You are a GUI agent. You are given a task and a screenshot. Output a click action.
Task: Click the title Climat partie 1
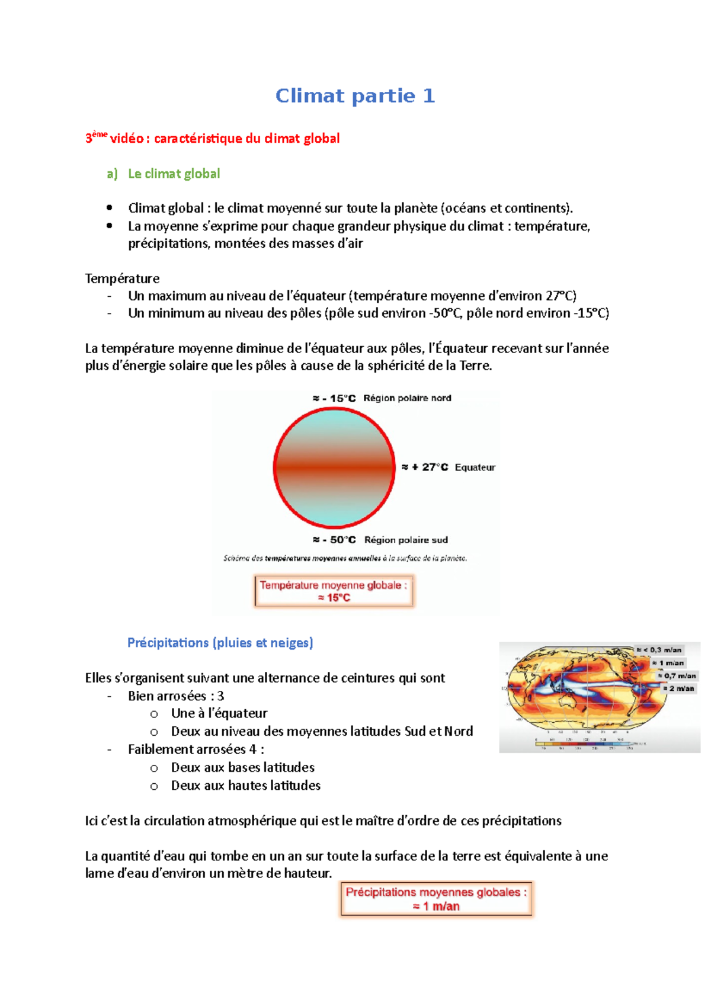(x=355, y=96)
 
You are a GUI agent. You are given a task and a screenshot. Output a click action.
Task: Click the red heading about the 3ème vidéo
(x=213, y=139)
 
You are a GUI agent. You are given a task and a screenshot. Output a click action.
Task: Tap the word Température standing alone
(x=122, y=278)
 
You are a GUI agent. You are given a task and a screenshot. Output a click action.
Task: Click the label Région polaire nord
(x=407, y=398)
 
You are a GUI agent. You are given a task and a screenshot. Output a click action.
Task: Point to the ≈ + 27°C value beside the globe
(x=425, y=467)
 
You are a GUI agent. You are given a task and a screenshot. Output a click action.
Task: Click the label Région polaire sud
(x=406, y=540)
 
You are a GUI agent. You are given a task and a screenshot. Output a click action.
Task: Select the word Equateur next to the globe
(x=475, y=467)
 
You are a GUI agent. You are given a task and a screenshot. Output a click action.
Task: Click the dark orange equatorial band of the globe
(x=334, y=467)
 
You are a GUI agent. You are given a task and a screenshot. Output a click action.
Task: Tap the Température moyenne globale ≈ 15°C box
(x=334, y=591)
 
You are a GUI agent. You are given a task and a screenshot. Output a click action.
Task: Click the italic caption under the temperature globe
(x=345, y=558)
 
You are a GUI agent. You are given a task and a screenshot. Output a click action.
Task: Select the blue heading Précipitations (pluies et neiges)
(x=220, y=643)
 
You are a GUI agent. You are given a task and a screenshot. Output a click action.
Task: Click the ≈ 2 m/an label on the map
(x=678, y=688)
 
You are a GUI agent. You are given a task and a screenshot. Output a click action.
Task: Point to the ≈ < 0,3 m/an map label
(x=659, y=650)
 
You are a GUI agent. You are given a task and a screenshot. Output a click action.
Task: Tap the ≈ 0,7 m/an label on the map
(x=677, y=675)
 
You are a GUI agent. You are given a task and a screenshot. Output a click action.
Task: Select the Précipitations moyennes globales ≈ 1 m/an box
(x=436, y=899)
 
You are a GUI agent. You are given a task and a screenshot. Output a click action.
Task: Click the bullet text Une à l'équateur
(x=219, y=713)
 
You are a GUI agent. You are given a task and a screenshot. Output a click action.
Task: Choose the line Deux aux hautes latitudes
(x=245, y=786)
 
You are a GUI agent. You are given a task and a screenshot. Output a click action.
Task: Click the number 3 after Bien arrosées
(x=221, y=696)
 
